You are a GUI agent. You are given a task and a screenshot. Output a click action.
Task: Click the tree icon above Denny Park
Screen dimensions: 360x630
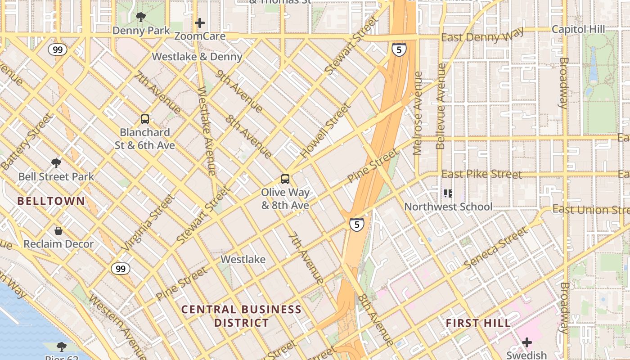click(x=141, y=18)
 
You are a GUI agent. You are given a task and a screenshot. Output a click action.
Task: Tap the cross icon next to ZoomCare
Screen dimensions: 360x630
click(x=200, y=23)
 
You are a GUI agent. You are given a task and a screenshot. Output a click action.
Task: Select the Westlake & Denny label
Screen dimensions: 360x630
click(x=197, y=57)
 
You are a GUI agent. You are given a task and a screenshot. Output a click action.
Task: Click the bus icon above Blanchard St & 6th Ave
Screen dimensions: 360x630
click(x=145, y=119)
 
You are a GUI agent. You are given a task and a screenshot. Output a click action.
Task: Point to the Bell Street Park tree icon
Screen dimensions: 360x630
click(x=56, y=163)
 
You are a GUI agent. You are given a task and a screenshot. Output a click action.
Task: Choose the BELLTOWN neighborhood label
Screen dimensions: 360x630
click(x=51, y=201)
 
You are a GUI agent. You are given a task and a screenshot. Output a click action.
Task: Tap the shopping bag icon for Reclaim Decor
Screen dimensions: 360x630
click(x=58, y=231)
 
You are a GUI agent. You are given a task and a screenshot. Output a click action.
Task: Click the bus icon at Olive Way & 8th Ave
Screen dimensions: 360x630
click(x=285, y=179)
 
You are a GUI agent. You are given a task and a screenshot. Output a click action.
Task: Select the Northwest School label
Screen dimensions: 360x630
click(x=448, y=207)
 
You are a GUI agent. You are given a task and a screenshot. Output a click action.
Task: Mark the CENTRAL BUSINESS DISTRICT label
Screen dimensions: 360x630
click(x=241, y=316)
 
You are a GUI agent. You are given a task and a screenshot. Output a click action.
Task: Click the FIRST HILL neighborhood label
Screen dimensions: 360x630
click(x=478, y=323)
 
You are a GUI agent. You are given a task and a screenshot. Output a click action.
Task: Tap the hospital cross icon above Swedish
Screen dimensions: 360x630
click(x=526, y=343)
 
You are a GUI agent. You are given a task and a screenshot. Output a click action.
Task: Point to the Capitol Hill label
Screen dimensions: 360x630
click(x=578, y=29)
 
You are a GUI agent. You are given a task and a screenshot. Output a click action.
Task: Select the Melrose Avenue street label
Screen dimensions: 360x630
click(x=418, y=113)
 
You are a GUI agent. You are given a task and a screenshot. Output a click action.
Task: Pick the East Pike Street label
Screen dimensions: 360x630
click(x=482, y=174)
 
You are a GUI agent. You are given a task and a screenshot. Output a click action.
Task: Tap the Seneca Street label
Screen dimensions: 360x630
click(x=495, y=248)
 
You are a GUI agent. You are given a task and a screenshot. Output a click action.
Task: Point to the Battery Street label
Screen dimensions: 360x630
click(x=27, y=142)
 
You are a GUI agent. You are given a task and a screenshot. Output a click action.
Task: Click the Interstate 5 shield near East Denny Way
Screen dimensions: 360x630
click(x=399, y=49)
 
